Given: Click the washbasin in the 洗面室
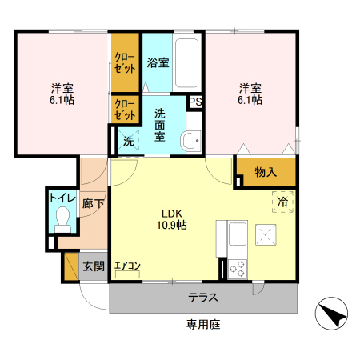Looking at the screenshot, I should coord(191,141).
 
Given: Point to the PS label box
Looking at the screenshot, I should coord(195,102).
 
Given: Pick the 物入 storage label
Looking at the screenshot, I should coord(266,172).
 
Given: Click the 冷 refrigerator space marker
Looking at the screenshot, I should coord(282,202).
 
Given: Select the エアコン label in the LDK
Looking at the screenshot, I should coord(128,266).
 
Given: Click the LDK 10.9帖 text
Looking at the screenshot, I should coord(174,220).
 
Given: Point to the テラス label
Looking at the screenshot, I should coord(203,298).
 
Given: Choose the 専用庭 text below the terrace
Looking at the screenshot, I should coord(203,325).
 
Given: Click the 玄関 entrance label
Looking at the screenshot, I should coord(93,266).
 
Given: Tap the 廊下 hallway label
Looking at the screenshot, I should coord(93,204).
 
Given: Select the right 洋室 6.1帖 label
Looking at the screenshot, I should coord(249,94).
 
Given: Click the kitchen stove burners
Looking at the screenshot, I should coord(237,269).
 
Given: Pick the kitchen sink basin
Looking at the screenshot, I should coord(238,235).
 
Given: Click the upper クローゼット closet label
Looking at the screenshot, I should coord(124,62).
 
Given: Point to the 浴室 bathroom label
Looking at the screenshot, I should coord(158,62).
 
